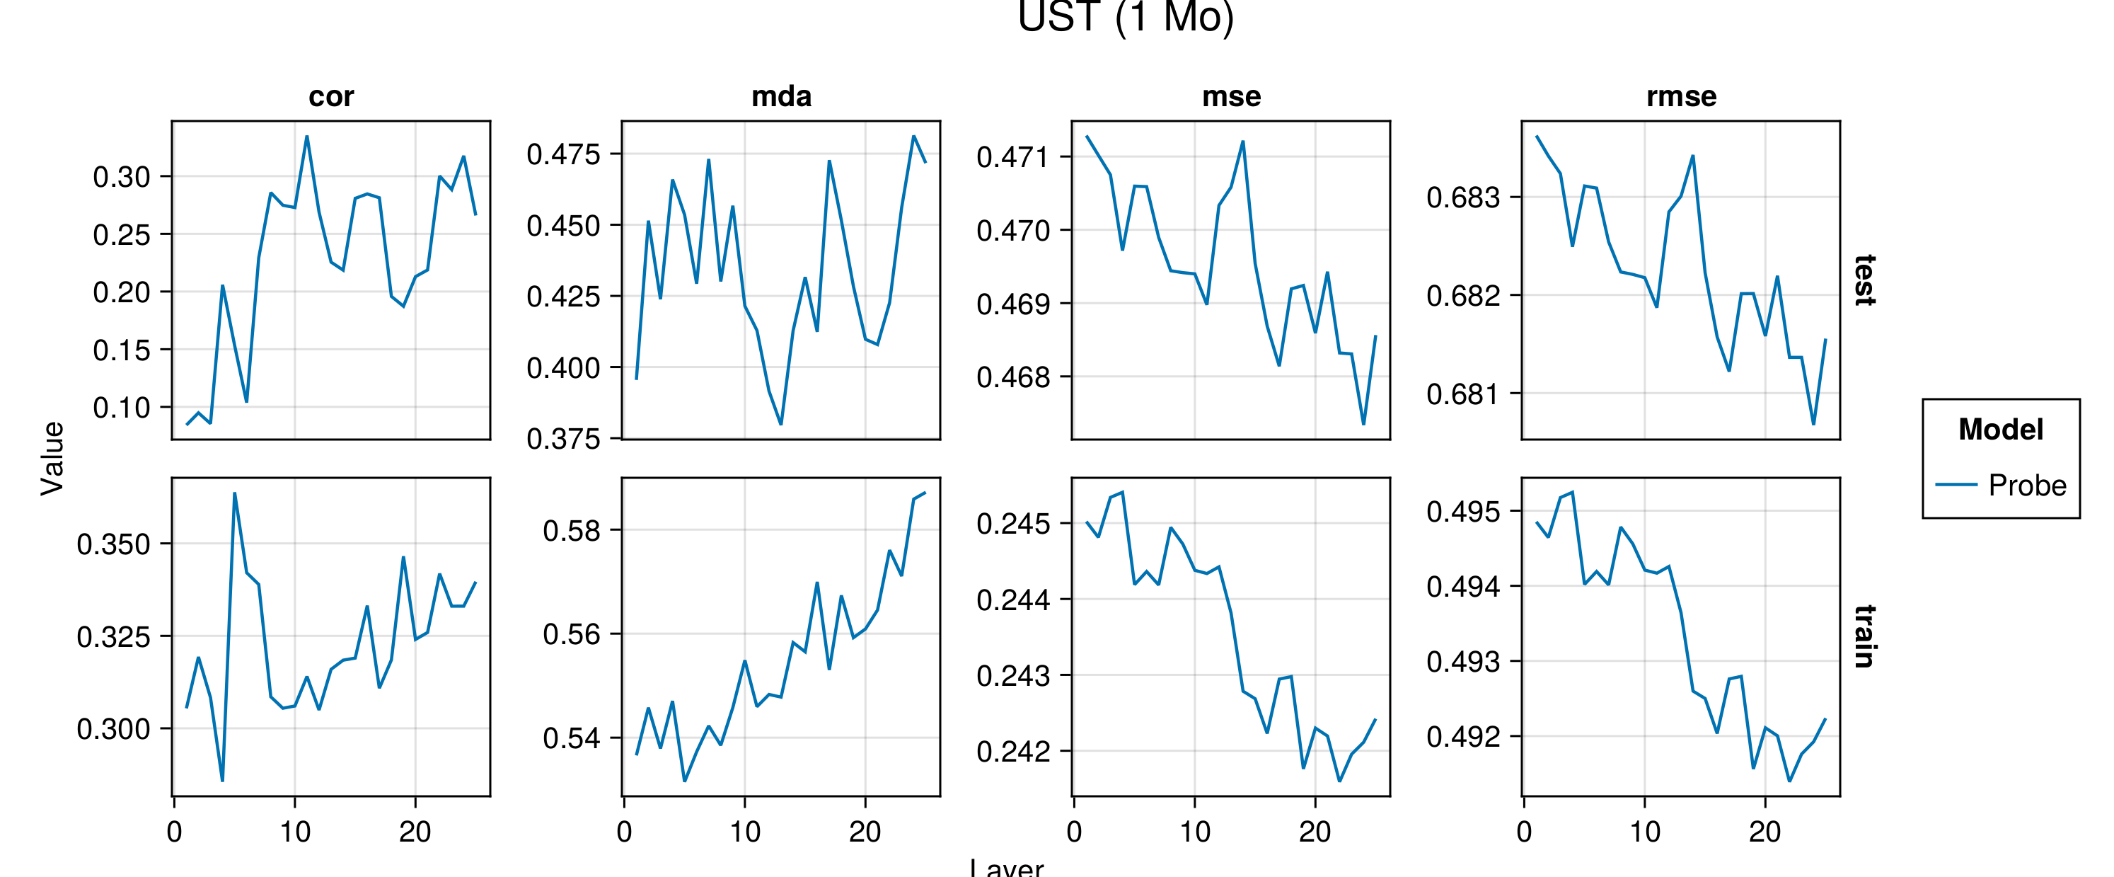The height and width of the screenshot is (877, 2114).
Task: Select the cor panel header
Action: click(330, 97)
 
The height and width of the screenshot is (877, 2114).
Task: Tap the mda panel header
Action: click(781, 97)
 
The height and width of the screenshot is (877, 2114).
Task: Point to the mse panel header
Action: click(1231, 97)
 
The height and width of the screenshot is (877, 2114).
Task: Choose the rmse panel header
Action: click(1681, 97)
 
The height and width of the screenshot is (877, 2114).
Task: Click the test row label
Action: click(1864, 280)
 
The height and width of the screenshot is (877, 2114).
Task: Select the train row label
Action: click(1864, 636)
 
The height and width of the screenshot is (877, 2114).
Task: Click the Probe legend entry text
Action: click(2027, 486)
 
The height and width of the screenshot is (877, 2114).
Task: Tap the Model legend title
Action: click(2001, 430)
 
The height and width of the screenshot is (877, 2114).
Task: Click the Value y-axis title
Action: click(52, 458)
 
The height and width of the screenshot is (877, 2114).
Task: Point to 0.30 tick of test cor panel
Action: click(122, 176)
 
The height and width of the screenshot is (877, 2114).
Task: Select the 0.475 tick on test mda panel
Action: click(563, 154)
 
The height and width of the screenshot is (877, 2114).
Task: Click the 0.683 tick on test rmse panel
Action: click(1462, 197)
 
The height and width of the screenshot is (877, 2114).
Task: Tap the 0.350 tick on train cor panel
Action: click(113, 544)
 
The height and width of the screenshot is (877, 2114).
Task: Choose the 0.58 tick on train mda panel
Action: click(571, 530)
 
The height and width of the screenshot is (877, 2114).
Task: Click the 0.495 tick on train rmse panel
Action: click(1462, 512)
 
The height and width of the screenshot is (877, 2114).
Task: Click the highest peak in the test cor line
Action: click(307, 137)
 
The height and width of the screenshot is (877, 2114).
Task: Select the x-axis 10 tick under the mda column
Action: click(745, 832)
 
